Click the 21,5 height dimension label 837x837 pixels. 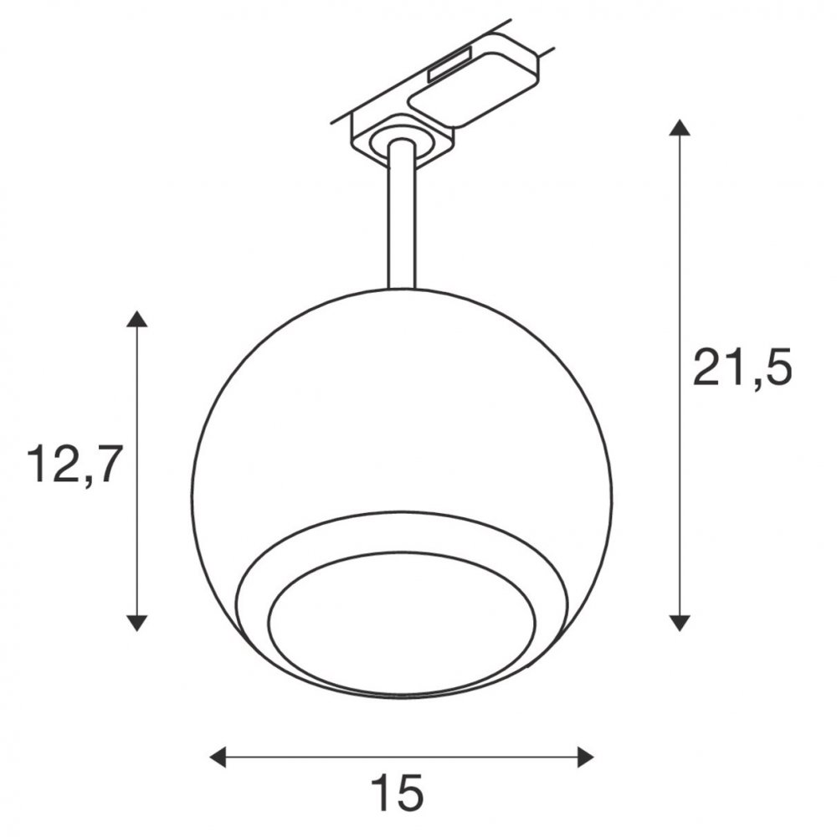point(742,367)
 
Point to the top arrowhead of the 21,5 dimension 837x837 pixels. point(679,128)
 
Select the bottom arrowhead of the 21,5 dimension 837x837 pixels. point(679,623)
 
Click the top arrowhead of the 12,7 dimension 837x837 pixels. point(136,319)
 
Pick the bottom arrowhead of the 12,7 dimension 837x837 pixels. point(136,623)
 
